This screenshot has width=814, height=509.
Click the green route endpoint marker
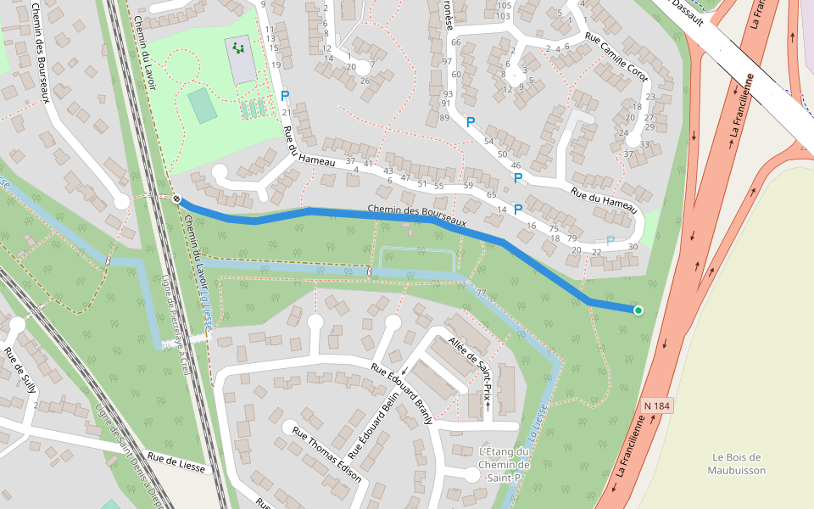click(638, 310)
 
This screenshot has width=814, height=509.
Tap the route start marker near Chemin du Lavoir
click(176, 199)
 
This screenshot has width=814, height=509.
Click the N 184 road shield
click(657, 406)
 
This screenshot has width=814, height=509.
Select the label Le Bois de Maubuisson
click(739, 463)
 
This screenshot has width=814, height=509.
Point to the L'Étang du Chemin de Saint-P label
click(504, 465)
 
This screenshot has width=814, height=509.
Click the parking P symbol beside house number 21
click(285, 97)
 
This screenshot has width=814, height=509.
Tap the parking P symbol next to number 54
click(470, 122)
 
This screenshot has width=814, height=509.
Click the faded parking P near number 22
click(610, 241)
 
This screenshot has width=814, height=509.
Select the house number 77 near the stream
click(481, 293)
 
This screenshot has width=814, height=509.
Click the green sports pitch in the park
click(202, 105)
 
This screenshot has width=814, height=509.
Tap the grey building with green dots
click(240, 58)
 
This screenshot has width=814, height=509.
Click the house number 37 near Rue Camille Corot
click(628, 154)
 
